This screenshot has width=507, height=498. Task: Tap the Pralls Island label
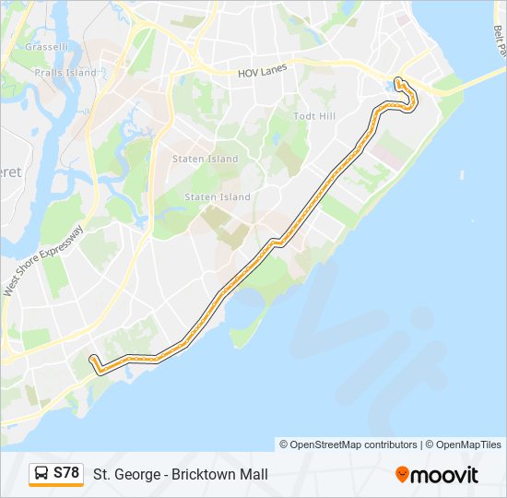[x=65, y=72]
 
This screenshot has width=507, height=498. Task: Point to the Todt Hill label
[x=313, y=116]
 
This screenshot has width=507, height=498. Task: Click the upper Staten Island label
[x=205, y=159]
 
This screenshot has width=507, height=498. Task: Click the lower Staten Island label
[x=218, y=197]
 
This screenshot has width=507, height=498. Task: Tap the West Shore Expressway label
[x=43, y=261]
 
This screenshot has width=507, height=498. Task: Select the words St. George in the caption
[x=124, y=475]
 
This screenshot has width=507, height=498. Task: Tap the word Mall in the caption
[x=253, y=475]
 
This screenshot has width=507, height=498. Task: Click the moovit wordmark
[x=445, y=475]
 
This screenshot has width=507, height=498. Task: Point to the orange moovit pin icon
[x=402, y=474]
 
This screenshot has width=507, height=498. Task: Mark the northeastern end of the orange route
[x=398, y=80]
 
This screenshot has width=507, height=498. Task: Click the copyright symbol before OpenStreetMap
[x=284, y=445]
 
